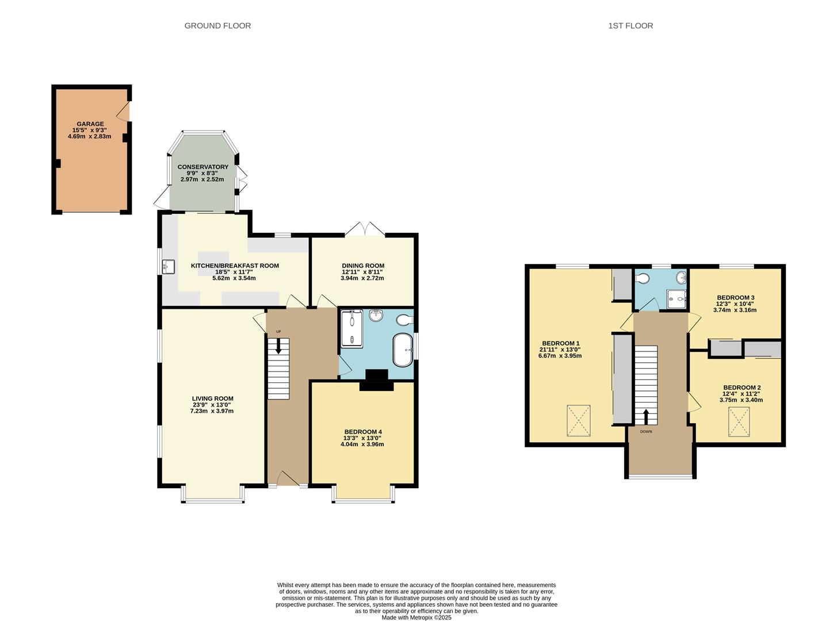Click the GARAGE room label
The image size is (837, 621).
point(90,124)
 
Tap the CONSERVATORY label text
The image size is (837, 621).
point(202,167)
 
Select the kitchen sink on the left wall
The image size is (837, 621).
point(169,267)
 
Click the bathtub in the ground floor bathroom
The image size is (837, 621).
point(402,349)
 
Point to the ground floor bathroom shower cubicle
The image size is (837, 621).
point(351,329)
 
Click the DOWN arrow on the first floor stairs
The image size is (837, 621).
point(645,416)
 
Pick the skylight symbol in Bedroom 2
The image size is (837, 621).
point(739,421)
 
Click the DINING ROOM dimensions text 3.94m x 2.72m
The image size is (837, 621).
point(362,278)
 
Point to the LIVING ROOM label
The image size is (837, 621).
point(212,398)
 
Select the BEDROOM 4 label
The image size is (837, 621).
point(362,432)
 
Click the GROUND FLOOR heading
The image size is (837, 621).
point(217,26)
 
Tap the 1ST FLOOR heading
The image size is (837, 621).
point(630,26)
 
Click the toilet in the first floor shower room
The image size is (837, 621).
point(643,279)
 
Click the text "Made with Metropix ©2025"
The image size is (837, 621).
point(416,618)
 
